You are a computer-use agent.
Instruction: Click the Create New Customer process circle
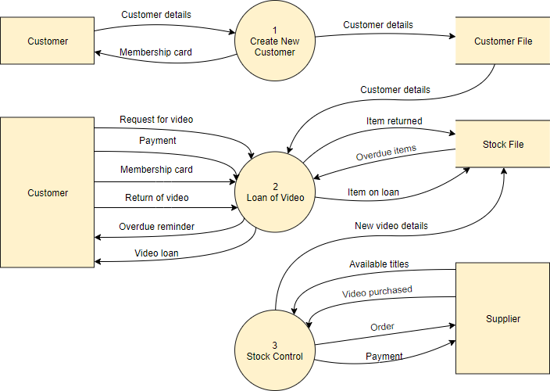275,41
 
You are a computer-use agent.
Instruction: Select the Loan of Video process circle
275,192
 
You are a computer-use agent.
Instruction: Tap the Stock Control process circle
275,350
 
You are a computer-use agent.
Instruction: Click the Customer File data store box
503,41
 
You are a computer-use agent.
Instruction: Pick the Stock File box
503,145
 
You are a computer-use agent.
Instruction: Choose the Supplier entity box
503,318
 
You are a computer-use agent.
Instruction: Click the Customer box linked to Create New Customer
47,41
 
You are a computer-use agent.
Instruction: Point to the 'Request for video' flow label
156,120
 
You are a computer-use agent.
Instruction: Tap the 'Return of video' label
156,198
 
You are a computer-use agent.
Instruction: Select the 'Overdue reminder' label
156,227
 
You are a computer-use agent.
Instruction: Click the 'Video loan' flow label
156,253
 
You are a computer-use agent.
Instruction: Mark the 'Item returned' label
394,121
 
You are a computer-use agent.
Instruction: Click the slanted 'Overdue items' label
386,152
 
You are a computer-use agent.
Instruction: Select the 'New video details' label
391,225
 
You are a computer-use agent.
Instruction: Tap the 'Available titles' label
379,264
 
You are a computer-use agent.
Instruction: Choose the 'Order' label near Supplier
382,327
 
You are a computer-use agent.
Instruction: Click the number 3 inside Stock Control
275,345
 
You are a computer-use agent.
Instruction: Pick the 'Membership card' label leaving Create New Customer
155,53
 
